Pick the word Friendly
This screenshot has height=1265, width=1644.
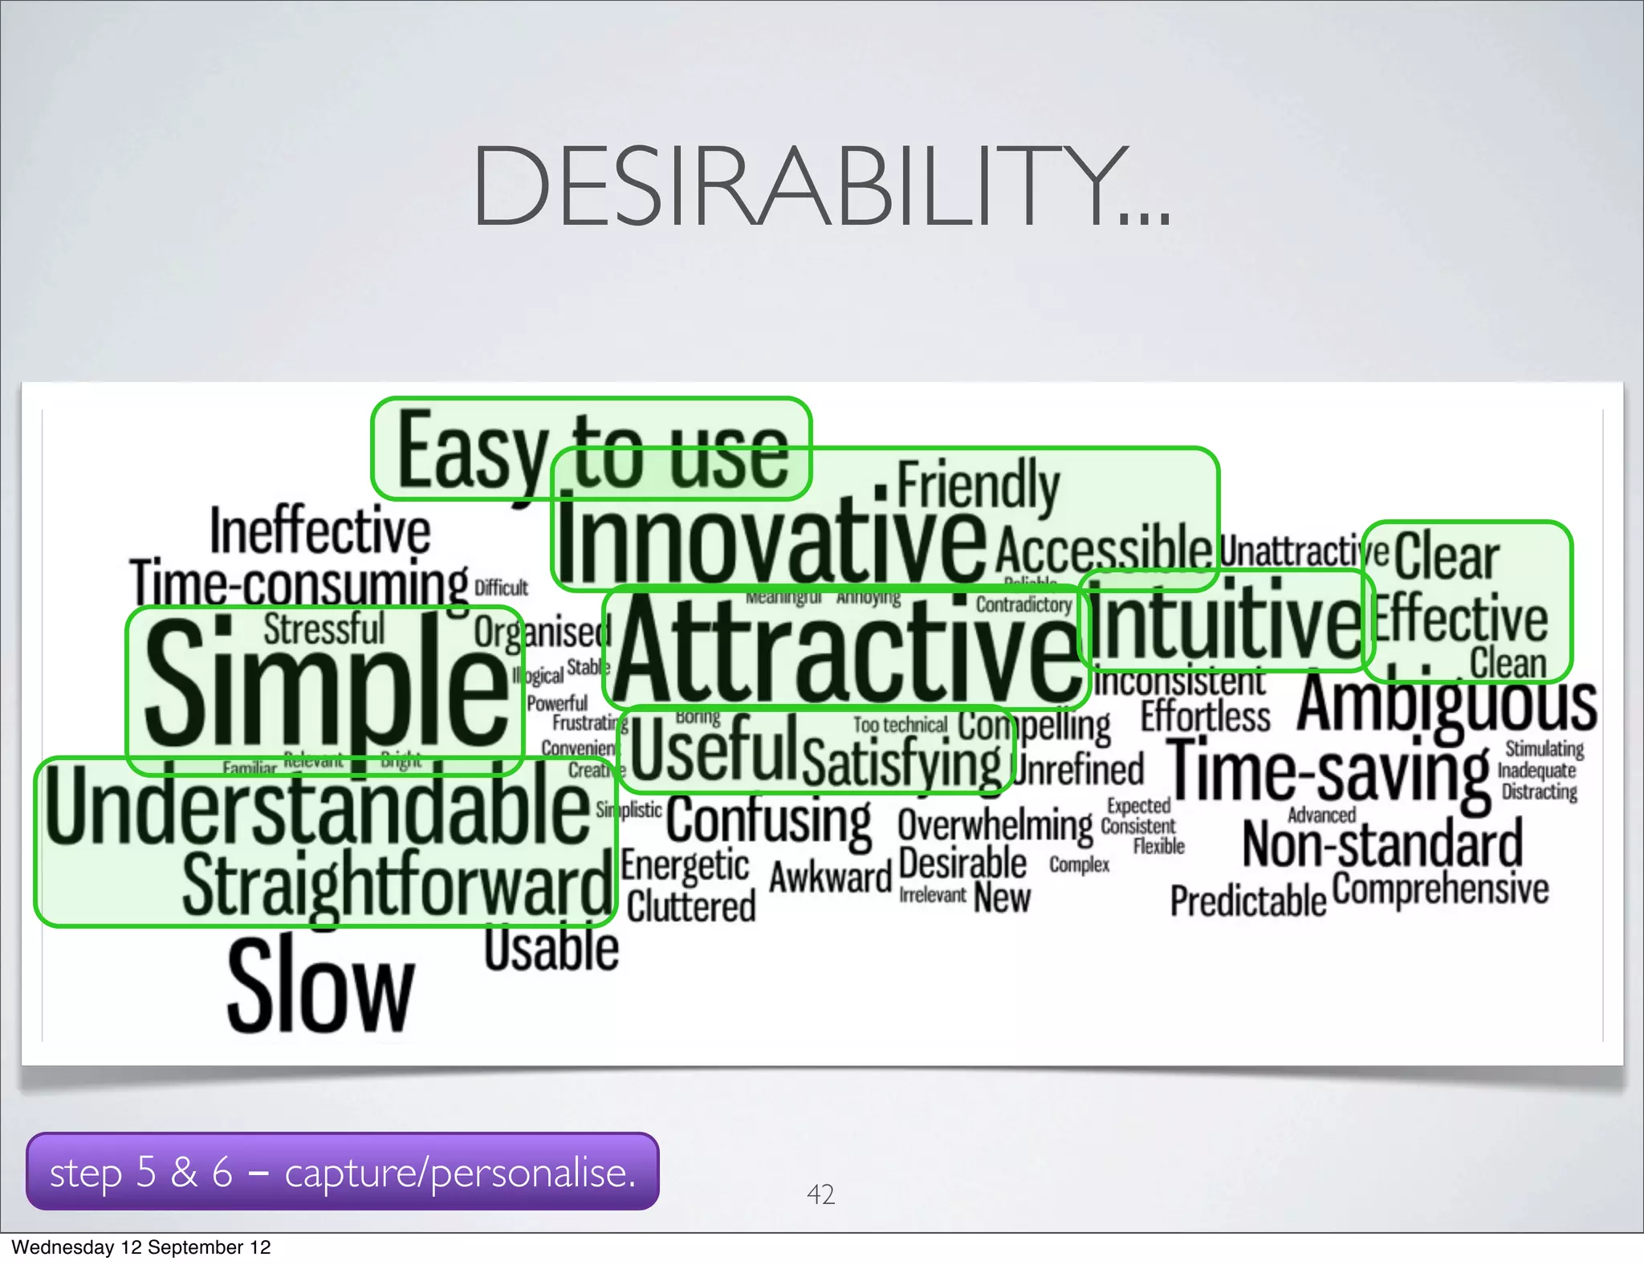[978, 485]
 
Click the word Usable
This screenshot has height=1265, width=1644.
[551, 949]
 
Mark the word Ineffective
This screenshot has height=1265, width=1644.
[319, 531]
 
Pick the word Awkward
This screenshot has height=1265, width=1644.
[830, 877]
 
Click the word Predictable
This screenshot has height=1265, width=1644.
[1247, 901]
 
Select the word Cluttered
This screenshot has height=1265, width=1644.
[691, 907]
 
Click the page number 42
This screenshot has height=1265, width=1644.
[820, 1194]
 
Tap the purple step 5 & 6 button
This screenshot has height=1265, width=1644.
[343, 1172]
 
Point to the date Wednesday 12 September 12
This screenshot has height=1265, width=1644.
[141, 1247]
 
